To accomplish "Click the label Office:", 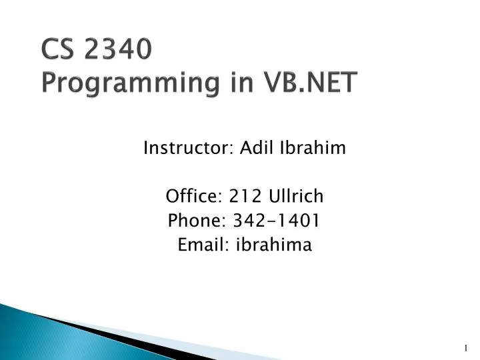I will [194, 196].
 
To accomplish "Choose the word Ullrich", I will [295, 196].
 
